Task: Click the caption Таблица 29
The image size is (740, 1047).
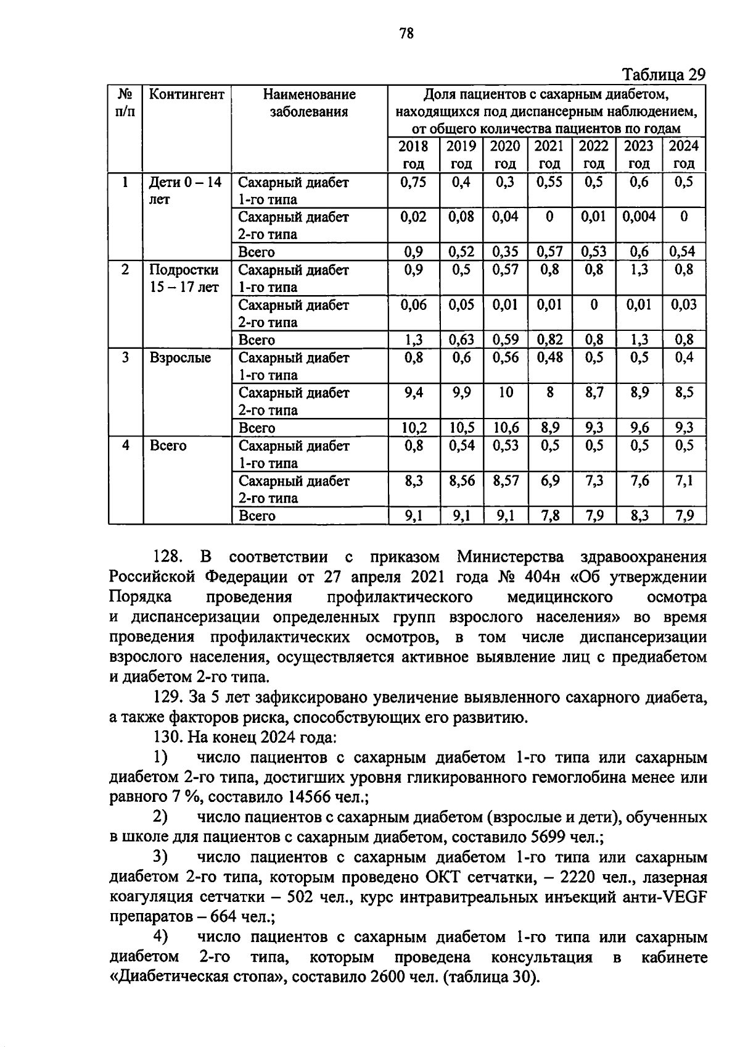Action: [663, 75]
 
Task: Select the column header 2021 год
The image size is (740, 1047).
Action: [549, 154]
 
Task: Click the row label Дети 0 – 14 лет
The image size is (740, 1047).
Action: [185, 190]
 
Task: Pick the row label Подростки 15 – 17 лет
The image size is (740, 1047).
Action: [184, 278]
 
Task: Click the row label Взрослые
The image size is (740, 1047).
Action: [180, 358]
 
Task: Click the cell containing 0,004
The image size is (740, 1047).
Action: [638, 217]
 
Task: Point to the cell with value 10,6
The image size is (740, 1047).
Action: [505, 428]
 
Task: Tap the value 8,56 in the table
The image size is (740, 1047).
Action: [461, 480]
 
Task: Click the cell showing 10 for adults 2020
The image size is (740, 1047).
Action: [505, 393]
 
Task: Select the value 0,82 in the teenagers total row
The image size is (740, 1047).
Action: [549, 340]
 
